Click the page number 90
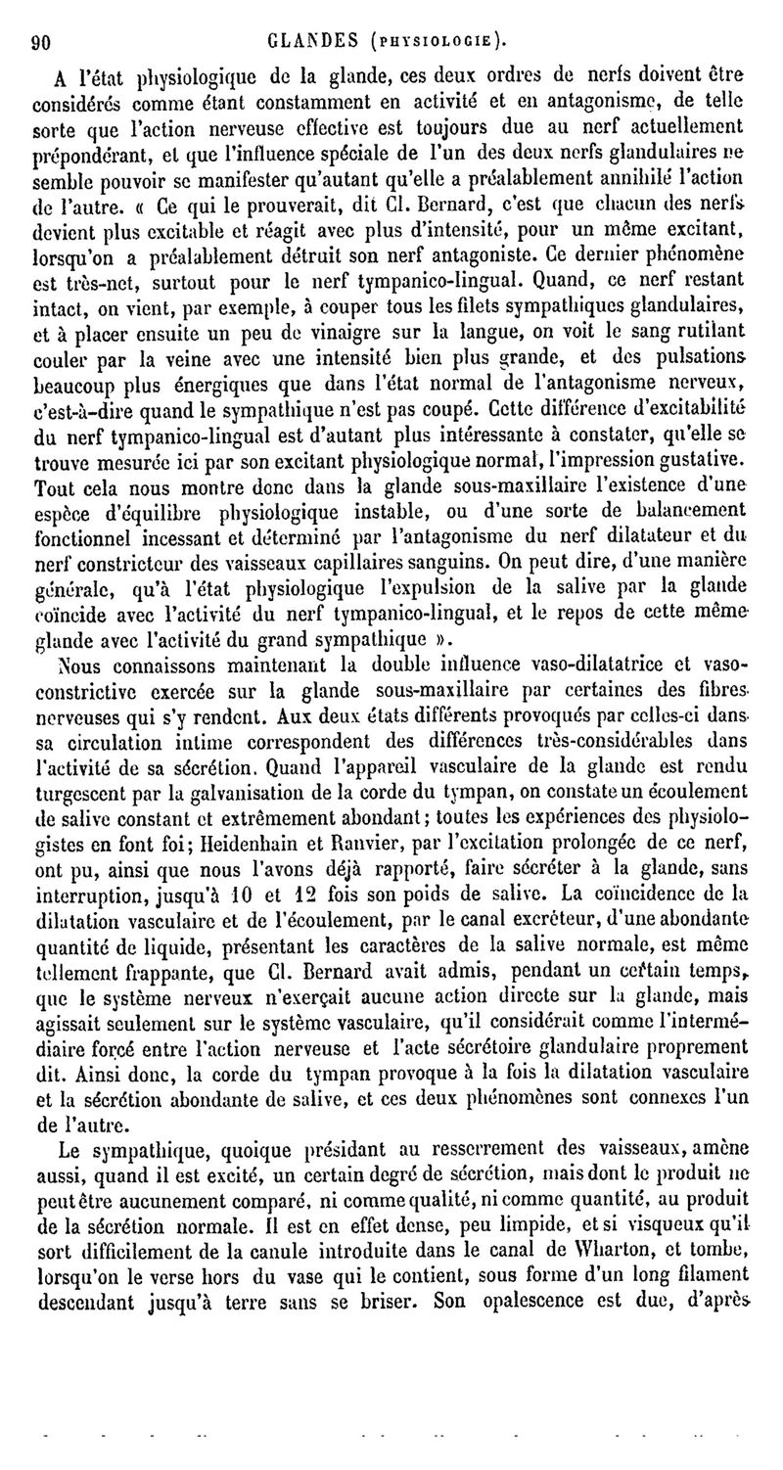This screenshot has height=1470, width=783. pos(41,40)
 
